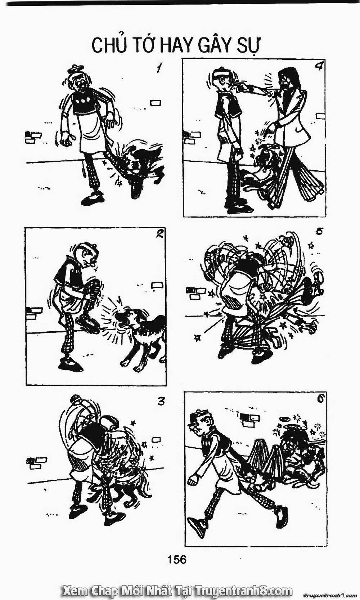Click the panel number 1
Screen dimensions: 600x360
click(x=157, y=68)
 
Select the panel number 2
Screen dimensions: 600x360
click(x=159, y=234)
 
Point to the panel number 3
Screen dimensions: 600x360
click(x=161, y=400)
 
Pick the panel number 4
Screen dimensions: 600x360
click(x=318, y=67)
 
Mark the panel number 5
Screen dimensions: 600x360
click(x=319, y=232)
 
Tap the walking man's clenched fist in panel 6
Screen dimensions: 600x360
click(x=193, y=479)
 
